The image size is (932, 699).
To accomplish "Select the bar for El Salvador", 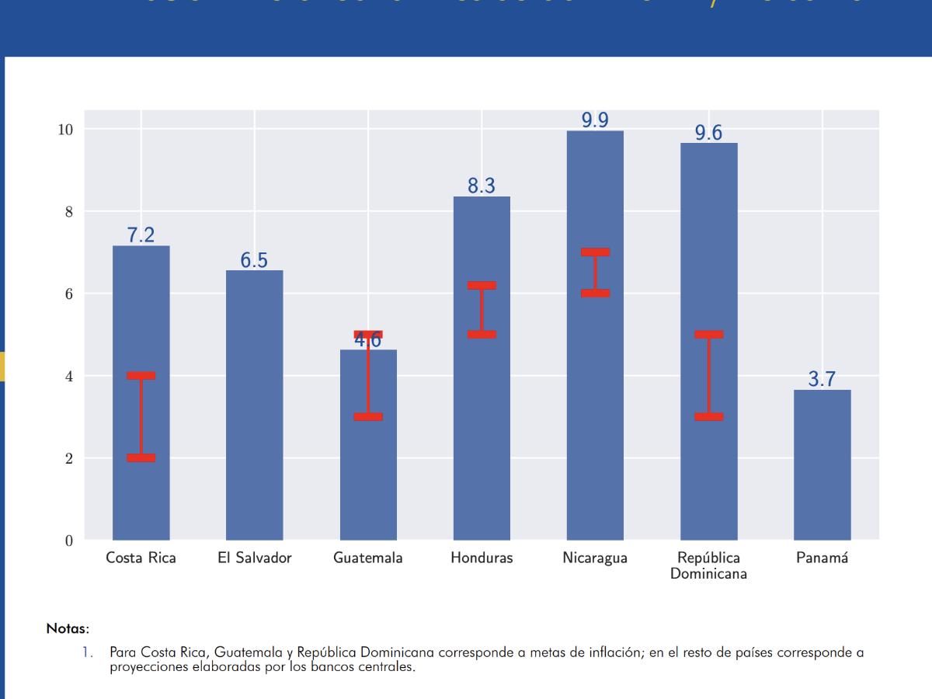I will pos(254,404).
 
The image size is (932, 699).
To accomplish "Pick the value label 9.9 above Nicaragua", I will pos(595,120).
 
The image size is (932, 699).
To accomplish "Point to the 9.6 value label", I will pos(708,133).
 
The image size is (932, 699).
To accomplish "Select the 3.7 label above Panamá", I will pos(822,379).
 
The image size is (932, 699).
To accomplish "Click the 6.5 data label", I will pos(254,260).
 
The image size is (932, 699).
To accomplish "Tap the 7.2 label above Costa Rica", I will pos(141,235).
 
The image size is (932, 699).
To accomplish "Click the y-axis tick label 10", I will pos(65,129).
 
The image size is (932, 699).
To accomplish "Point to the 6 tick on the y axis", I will pos(69,294).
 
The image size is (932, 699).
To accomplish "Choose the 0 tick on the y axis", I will pos(69,541).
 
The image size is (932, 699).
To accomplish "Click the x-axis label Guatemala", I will pos(368,558).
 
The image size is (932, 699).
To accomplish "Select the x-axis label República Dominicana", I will pos(708,565).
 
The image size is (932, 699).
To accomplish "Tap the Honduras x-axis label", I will pos(482,558).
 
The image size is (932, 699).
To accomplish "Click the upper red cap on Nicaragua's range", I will pos(595,252).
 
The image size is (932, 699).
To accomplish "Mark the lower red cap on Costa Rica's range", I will pos(141,457).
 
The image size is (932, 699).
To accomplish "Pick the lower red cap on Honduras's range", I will pos(482,334).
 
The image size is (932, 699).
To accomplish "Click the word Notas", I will pos(68,628).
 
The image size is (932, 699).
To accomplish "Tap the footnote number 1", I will pos(88,652).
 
